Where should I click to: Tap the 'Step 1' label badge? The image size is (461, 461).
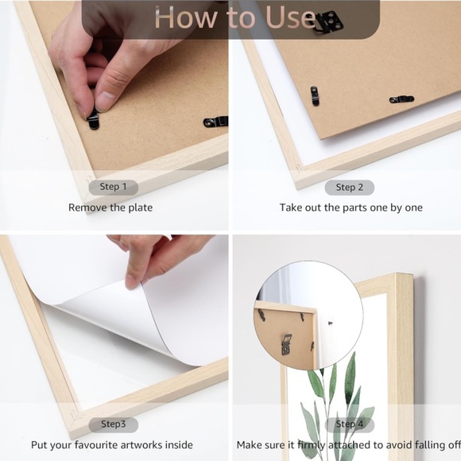point(113,188)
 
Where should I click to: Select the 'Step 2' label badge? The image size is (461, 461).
point(349,188)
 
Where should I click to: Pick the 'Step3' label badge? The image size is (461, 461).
point(113,424)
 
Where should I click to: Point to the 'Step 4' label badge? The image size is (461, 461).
point(349,424)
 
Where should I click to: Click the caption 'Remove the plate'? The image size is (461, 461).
point(110,207)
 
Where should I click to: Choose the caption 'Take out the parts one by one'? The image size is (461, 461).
point(351,207)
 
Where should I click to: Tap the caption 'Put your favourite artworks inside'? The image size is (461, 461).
point(112,445)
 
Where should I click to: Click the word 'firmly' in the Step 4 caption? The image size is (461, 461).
point(311,445)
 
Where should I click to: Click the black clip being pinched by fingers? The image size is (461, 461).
point(94,121)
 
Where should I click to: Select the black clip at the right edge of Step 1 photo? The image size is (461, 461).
point(216,122)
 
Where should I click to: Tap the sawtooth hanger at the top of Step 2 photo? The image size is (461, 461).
point(331,21)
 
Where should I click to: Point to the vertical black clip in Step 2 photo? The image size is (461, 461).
point(315,96)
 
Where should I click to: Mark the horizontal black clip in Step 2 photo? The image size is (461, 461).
point(401,99)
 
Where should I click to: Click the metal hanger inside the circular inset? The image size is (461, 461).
point(287,344)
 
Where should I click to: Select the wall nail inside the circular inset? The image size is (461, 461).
point(330,323)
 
